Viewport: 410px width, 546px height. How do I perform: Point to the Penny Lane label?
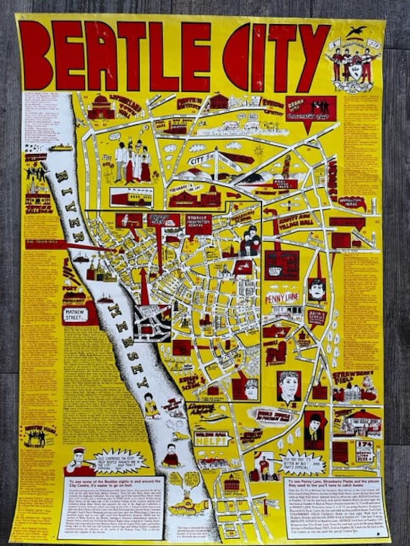pos(282,299)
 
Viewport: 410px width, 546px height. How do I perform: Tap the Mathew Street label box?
pos(75,314)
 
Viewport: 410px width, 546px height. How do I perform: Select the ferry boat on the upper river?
pos(60,147)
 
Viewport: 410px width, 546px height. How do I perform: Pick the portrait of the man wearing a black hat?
pos(313,427)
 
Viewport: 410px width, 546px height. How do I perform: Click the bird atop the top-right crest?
pos(355,32)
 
